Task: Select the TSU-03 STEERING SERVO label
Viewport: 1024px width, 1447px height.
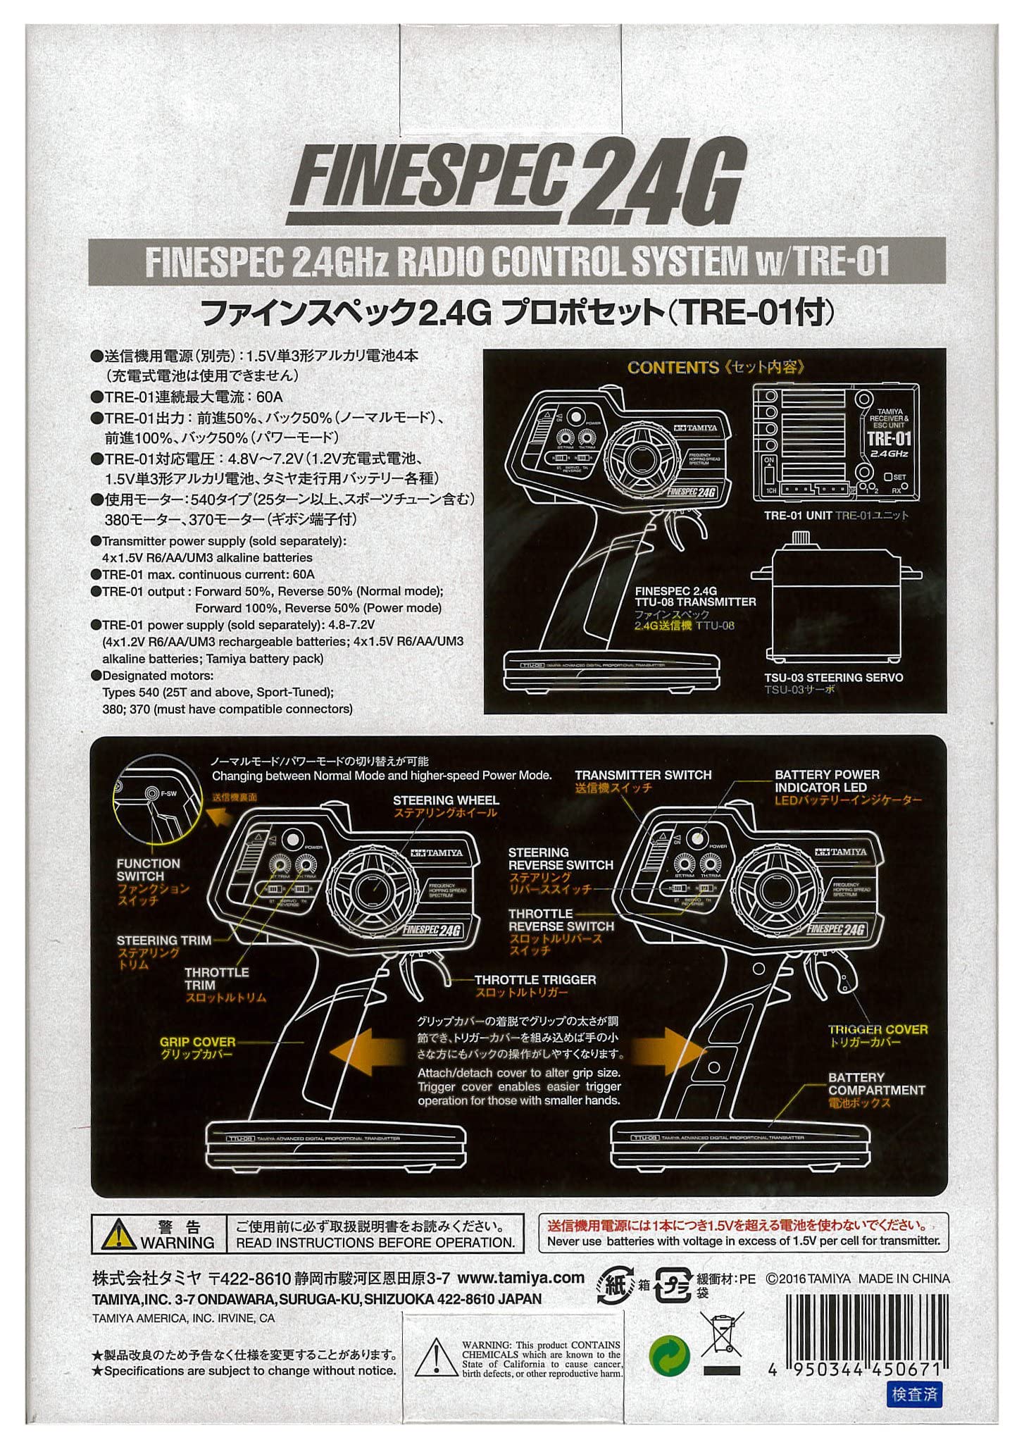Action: [833, 677]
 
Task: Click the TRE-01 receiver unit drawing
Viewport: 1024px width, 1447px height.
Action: [835, 442]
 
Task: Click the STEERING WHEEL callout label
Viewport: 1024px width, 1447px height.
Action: [446, 801]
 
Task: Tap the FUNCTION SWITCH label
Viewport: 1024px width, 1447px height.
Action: [148, 869]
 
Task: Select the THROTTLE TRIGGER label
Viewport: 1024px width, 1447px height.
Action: [535, 980]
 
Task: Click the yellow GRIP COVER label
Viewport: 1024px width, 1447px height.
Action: [197, 1042]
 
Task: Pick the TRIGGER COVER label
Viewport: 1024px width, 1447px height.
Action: [878, 1029]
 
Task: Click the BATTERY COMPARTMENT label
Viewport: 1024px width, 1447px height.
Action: [876, 1083]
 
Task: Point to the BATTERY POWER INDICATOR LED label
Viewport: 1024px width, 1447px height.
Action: [827, 781]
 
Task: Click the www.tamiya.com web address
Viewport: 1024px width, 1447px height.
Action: [521, 1278]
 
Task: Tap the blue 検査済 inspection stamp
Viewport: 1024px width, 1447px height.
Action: [913, 1394]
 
